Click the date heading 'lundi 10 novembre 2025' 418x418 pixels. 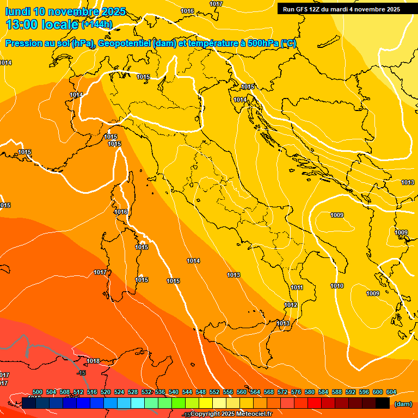coord(65,11)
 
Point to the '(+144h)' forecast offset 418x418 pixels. coord(97,24)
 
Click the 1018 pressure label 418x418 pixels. coord(93,361)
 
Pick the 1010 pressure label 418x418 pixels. coord(337,286)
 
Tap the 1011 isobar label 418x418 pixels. coord(297,287)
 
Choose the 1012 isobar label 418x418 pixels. coord(291,305)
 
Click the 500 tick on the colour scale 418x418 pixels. coord(38,392)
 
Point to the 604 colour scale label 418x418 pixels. coord(391,392)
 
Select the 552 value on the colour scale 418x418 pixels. coord(214,392)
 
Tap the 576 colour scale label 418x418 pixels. coord(296,392)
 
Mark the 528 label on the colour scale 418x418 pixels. coord(133,392)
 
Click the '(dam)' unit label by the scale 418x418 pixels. coord(403,404)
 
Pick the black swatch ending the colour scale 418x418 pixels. coord(383,403)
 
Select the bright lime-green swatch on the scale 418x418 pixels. coord(179,403)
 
